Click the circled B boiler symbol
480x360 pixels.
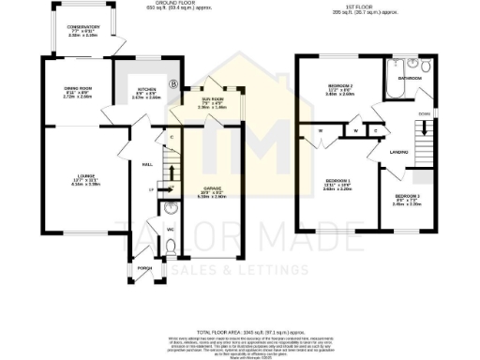point(172,84)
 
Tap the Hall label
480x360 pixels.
point(147,163)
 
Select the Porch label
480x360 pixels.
point(145,267)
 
